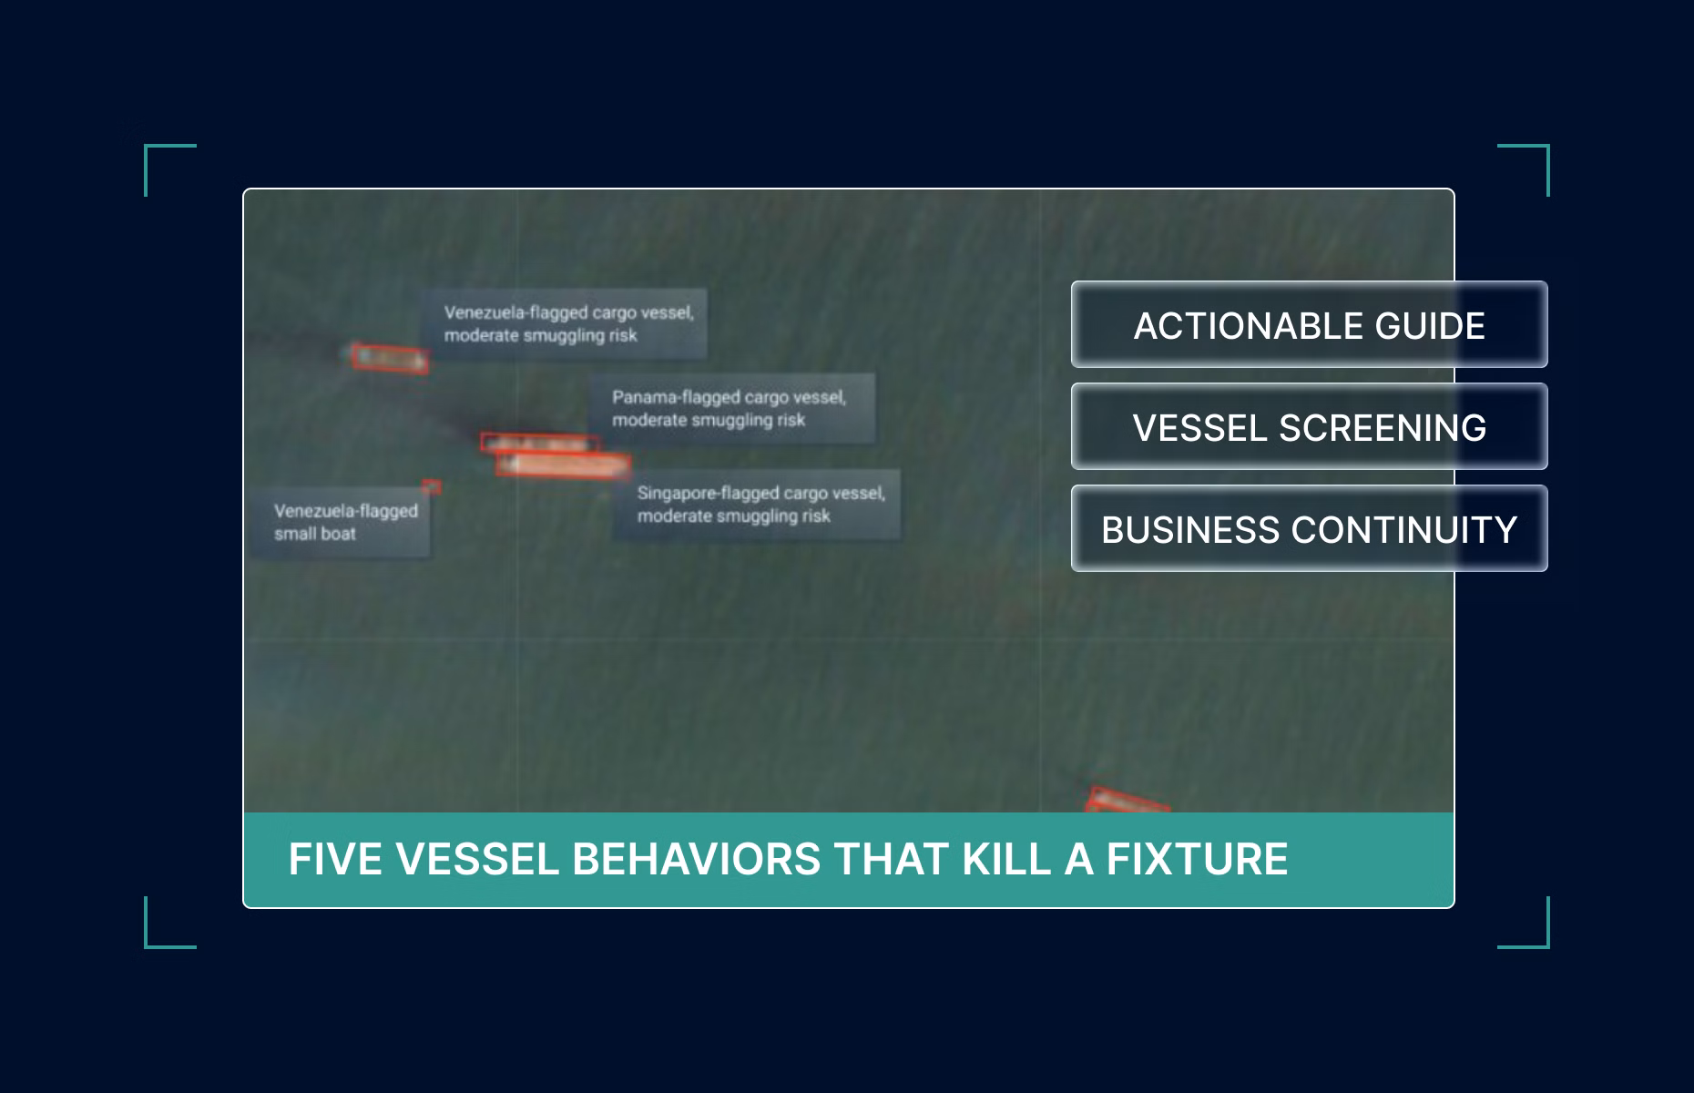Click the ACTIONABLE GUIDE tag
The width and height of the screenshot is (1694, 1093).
click(1309, 324)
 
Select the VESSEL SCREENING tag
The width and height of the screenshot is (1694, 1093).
click(1309, 426)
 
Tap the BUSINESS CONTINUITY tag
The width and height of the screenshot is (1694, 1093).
click(1309, 528)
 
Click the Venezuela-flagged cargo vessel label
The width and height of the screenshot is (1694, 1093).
click(563, 323)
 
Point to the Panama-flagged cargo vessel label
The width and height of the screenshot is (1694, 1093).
click(731, 408)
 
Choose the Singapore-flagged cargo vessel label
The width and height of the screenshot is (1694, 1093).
click(757, 504)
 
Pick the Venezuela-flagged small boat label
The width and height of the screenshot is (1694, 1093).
click(340, 523)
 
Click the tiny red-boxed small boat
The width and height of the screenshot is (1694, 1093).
click(432, 487)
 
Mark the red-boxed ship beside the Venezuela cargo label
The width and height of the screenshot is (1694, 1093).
click(390, 358)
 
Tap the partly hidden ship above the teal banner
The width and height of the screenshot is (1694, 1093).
click(1128, 801)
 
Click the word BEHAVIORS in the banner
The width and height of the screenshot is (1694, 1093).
click(696, 859)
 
